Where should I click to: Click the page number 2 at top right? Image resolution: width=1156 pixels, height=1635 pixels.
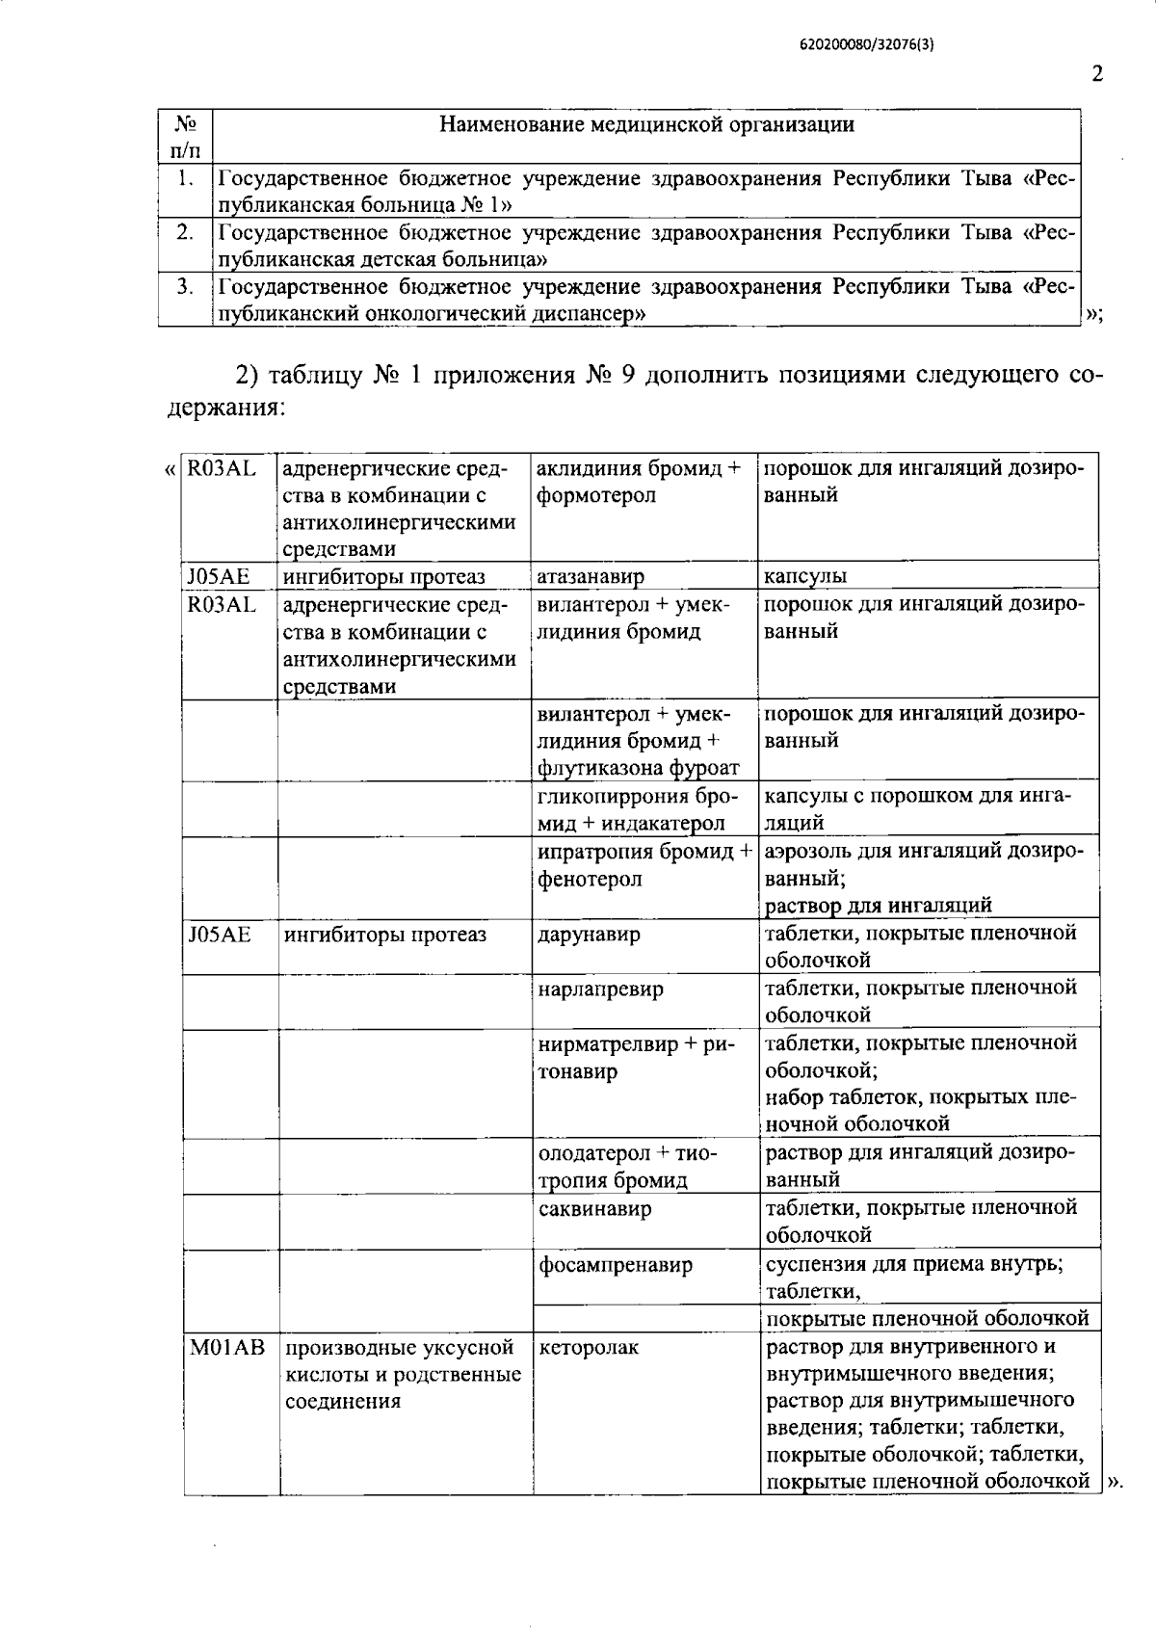tap(1097, 75)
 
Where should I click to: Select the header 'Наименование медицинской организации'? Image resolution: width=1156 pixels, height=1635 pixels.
tap(645, 124)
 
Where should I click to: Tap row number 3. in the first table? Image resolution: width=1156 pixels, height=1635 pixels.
tap(185, 286)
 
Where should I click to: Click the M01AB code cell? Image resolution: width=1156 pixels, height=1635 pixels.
tap(226, 1348)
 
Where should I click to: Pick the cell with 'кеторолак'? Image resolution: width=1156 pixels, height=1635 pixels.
tap(589, 1348)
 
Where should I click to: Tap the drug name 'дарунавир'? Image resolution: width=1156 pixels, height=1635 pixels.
tap(588, 935)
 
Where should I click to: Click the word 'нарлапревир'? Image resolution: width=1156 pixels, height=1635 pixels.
tap(600, 989)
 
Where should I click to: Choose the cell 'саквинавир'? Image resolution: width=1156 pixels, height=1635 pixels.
tap(594, 1208)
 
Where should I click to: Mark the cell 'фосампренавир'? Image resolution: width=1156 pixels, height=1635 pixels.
tap(615, 1264)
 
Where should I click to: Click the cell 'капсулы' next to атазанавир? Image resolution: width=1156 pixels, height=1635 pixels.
tap(805, 576)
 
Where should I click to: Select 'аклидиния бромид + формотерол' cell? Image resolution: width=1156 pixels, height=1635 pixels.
tap(639, 482)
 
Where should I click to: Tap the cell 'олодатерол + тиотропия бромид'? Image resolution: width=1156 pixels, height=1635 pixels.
tap(627, 1166)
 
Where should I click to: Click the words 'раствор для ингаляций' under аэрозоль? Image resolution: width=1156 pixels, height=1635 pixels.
tap(878, 905)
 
